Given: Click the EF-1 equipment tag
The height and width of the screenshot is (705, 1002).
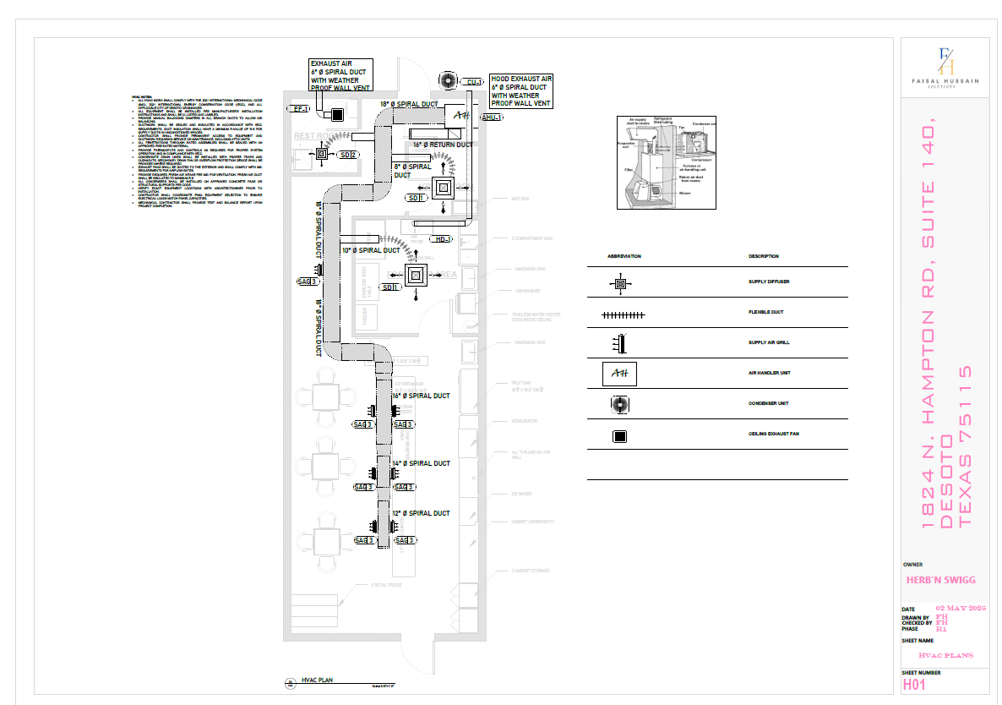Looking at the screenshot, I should (x=300, y=109).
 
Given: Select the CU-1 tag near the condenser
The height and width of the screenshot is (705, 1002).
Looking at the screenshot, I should (x=473, y=82).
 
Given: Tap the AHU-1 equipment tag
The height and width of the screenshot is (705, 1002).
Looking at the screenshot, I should (x=491, y=117).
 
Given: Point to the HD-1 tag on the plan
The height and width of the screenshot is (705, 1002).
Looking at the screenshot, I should (x=444, y=239).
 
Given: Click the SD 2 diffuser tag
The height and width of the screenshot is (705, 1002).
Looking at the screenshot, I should (x=347, y=155).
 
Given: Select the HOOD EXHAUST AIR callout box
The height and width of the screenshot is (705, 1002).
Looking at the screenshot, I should (x=521, y=90).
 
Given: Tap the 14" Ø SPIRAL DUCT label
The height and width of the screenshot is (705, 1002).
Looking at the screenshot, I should (x=422, y=463).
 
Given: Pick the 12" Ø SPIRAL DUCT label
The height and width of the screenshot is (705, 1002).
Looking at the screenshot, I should (x=422, y=513).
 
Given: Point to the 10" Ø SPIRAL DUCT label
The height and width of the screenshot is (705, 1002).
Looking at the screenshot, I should (x=371, y=250).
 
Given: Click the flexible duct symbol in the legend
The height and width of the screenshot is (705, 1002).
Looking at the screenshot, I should (x=623, y=314).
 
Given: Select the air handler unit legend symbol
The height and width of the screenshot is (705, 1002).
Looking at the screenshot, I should (x=620, y=373).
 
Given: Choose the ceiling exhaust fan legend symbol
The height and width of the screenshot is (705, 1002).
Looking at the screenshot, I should (x=620, y=437).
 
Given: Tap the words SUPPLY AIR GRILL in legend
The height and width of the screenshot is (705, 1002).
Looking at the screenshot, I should (x=769, y=342).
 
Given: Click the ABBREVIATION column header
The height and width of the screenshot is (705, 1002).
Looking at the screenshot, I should (x=624, y=256).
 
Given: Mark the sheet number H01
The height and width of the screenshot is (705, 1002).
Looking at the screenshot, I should (x=915, y=684).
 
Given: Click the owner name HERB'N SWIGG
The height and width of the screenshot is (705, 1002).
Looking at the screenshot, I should (x=940, y=580).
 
